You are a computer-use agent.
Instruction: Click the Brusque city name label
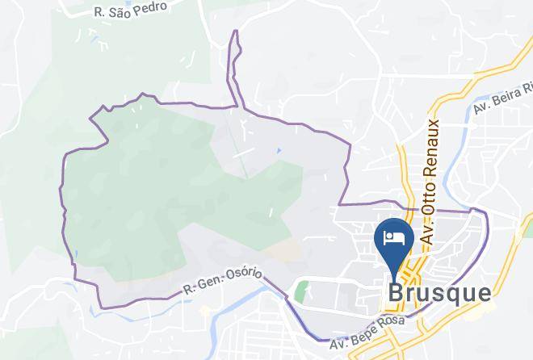[439, 292]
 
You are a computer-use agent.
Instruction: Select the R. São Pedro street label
[130, 10]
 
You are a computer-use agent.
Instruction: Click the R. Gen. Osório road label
[222, 280]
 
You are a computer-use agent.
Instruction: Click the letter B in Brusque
[396, 292]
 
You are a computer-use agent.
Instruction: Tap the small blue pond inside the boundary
[279, 150]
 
